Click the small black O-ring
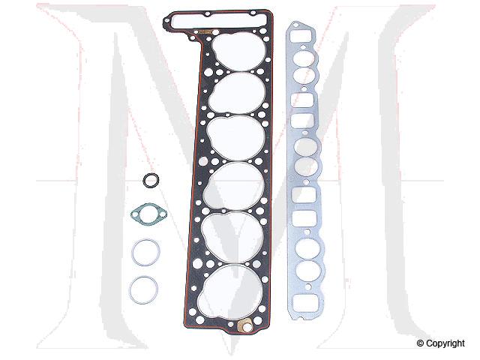tap(151, 181)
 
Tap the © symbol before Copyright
tap(420, 344)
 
